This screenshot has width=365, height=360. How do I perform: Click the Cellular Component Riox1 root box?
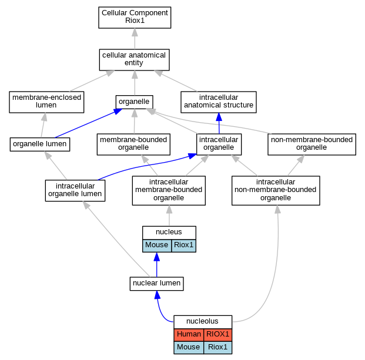tap(135, 18)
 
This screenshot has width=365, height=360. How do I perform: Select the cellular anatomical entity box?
tap(135, 60)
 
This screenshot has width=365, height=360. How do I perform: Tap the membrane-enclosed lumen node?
tap(46, 102)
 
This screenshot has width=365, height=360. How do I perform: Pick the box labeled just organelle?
tap(135, 102)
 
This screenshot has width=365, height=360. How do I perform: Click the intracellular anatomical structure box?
tap(219, 102)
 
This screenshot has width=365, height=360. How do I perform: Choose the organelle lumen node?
tap(40, 144)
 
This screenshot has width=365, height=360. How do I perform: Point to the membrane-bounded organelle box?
tap(133, 144)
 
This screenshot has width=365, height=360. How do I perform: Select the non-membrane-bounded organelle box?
tap(312, 144)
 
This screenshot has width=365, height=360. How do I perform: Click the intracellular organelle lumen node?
tap(75, 190)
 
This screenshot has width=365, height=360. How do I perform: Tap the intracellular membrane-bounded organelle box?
tap(169, 190)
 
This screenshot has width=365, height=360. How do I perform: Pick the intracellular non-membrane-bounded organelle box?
tap(276, 190)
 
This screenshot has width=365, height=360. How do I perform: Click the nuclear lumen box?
tap(157, 284)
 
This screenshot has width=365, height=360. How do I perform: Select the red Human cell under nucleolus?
tap(189, 335)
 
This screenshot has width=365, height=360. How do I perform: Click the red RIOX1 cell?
tap(218, 335)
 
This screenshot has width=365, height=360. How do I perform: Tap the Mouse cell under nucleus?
tap(157, 245)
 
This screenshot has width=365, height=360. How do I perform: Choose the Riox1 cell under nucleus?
tap(183, 245)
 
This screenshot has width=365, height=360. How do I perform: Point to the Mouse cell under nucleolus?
tap(189, 348)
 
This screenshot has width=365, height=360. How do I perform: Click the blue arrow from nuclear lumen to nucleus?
tap(157, 265)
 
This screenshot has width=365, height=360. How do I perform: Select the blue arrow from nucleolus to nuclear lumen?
tap(160, 310)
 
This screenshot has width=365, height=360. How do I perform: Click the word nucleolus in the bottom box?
tap(202, 321)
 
